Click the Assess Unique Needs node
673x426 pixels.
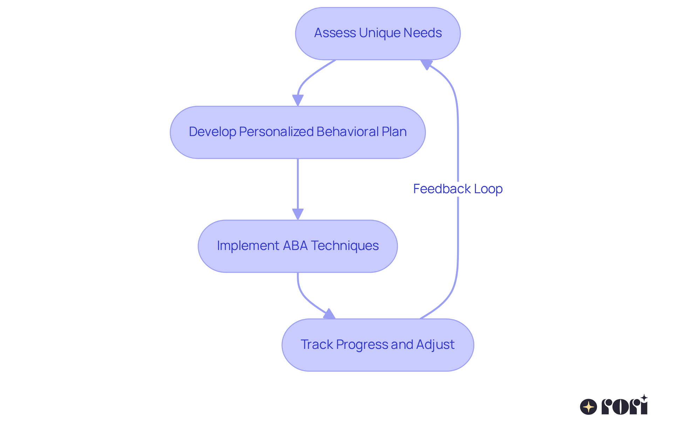(378, 33)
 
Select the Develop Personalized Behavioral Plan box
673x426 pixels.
(298, 132)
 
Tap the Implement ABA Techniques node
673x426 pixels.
(298, 246)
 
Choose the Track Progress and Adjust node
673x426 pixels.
(378, 345)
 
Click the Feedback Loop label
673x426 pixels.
(457, 189)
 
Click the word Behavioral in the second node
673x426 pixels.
(347, 132)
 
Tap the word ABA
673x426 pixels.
(295, 246)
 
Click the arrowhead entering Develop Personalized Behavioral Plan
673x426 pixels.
(298, 100)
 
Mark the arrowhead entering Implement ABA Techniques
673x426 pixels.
(298, 214)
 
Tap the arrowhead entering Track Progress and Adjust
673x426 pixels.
(329, 314)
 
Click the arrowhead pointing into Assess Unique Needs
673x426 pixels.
(426, 64)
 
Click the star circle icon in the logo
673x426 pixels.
(588, 407)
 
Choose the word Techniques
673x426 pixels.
(345, 246)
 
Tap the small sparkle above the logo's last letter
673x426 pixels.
(644, 398)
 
